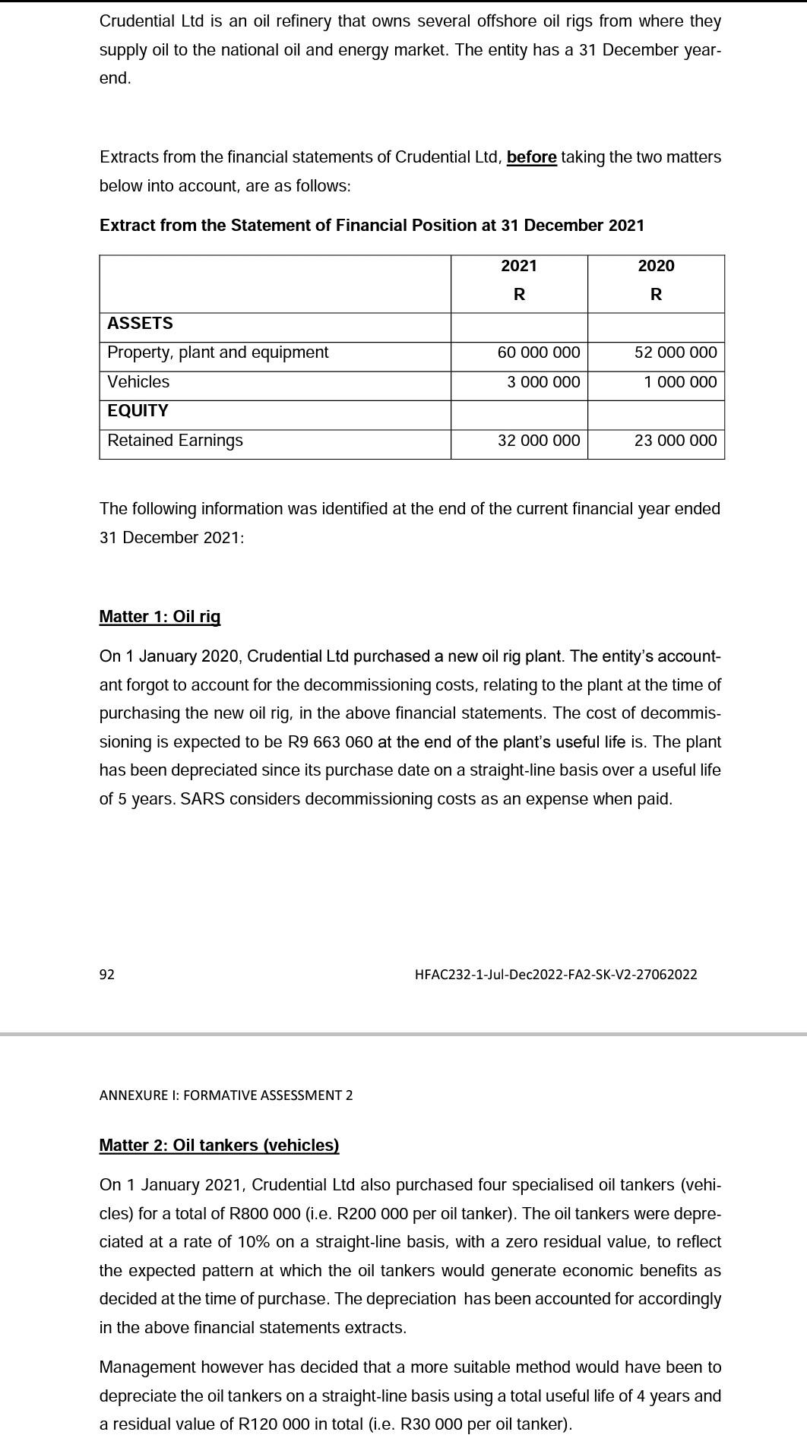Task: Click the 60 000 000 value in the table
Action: point(538,352)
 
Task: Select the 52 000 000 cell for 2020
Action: point(675,352)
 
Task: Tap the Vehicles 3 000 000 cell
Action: point(543,381)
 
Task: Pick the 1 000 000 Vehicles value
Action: point(679,381)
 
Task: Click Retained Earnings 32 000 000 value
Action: point(538,441)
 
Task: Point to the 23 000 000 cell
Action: point(675,441)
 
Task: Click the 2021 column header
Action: point(519,266)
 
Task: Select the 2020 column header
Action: point(656,266)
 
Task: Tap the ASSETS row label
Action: point(140,324)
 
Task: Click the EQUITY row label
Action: point(138,411)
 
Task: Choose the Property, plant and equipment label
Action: point(217,352)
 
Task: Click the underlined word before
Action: point(531,157)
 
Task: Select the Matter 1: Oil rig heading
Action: point(160,616)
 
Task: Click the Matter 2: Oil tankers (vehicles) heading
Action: point(219,1145)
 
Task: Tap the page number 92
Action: point(107,975)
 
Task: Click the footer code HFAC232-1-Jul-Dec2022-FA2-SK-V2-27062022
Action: point(555,975)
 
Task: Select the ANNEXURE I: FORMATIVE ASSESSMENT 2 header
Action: point(226,1095)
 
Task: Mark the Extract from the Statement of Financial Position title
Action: point(372,226)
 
